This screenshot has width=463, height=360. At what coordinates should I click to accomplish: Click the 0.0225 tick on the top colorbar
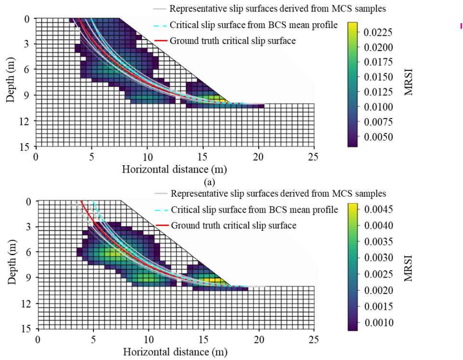(379, 32)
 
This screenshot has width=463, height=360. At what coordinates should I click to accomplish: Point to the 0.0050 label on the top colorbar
(379, 136)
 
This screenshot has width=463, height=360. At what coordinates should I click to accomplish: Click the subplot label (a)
(209, 182)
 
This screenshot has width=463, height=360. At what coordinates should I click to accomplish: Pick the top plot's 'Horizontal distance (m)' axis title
(174, 169)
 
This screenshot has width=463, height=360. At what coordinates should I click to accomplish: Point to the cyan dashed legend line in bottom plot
(161, 210)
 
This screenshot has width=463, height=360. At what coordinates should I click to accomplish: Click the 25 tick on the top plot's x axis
(314, 157)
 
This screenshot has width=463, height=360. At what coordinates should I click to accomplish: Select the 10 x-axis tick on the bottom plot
(148, 339)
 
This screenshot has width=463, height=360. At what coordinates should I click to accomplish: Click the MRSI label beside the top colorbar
(409, 82)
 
